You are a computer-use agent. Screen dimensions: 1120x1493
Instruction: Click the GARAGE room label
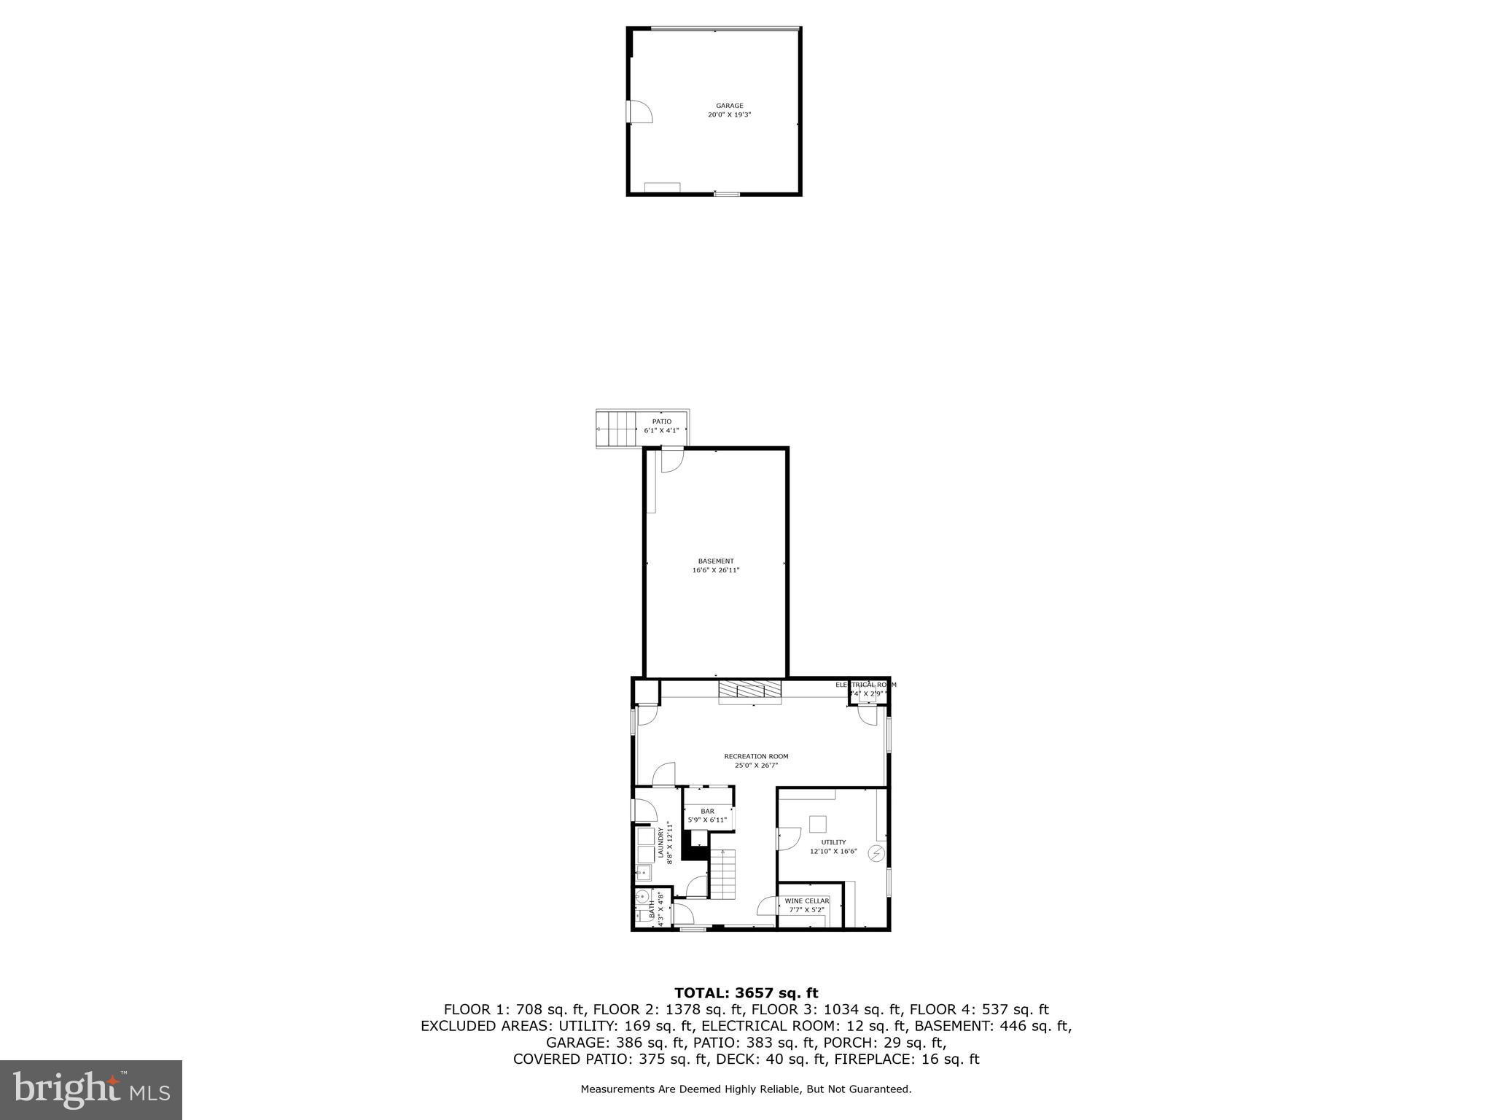tap(729, 106)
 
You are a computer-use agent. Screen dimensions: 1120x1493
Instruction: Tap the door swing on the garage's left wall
tap(641, 112)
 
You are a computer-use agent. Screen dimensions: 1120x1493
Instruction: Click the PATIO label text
tap(661, 421)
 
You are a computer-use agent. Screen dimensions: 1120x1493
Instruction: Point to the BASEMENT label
tap(716, 561)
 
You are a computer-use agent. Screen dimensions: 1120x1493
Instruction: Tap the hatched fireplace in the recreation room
tap(749, 690)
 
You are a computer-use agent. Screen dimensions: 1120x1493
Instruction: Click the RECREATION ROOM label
tap(756, 756)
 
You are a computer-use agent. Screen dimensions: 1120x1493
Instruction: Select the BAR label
tap(707, 811)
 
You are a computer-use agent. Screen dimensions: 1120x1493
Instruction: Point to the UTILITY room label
tap(833, 842)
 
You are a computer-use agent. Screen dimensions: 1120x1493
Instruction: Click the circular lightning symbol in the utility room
tap(877, 853)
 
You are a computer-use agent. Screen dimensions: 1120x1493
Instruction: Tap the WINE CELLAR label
tap(807, 901)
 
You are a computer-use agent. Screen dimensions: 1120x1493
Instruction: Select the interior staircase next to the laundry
tap(723, 874)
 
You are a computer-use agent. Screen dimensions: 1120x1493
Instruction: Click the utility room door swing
tap(788, 839)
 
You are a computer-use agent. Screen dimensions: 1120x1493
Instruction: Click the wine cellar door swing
tap(768, 906)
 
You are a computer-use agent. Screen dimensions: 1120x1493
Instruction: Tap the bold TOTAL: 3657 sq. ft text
tap(746, 993)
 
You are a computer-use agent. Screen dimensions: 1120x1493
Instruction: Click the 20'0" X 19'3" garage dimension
tap(729, 115)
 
